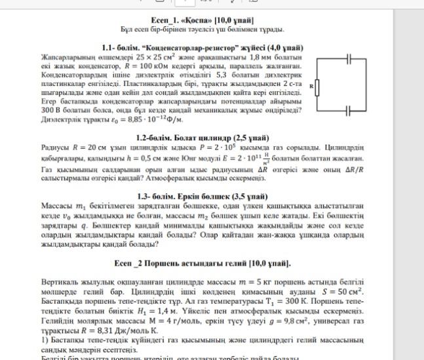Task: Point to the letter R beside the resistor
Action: [311, 86]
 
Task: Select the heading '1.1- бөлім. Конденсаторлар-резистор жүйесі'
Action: [202, 48]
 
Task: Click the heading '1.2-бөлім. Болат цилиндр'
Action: [202, 138]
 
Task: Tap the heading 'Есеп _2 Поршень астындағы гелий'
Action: [202, 263]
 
